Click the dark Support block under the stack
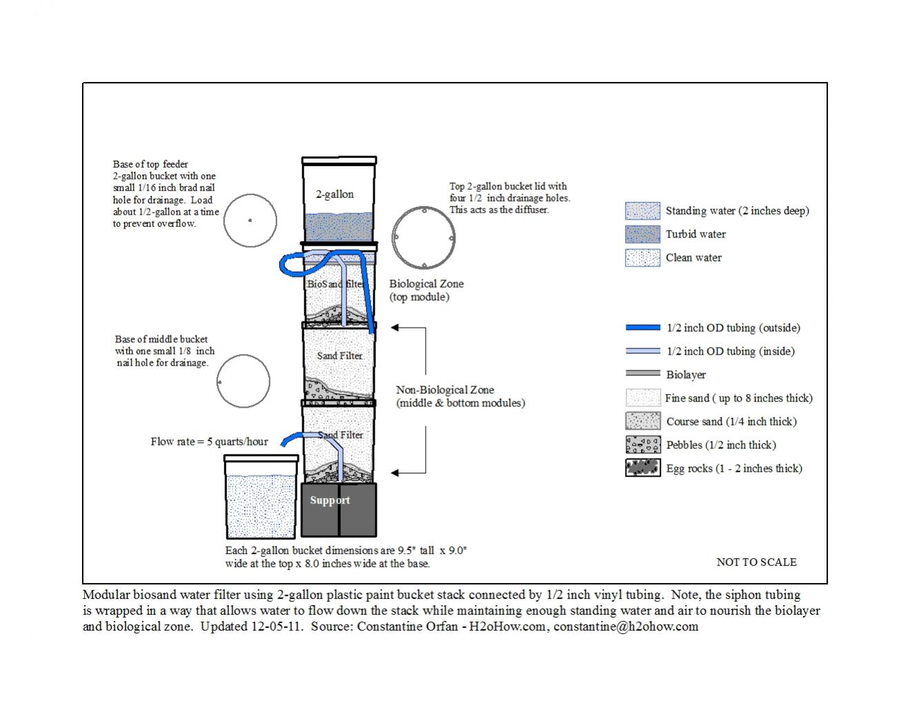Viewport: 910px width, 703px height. (x=339, y=509)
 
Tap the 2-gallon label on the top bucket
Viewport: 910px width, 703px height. (x=335, y=195)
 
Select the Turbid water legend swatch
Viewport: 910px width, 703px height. (x=642, y=234)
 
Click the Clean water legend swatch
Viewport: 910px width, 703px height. (x=642, y=257)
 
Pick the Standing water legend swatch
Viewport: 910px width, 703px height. (x=642, y=210)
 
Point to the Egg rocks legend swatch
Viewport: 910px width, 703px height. (x=642, y=468)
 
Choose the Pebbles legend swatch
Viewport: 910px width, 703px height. (x=642, y=444)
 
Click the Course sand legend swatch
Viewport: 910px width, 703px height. (x=642, y=421)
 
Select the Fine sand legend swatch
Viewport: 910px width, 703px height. (x=642, y=397)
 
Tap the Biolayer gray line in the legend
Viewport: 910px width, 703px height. (x=642, y=374)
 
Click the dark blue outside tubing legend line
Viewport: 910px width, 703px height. (x=642, y=328)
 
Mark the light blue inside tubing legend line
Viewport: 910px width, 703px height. (x=642, y=351)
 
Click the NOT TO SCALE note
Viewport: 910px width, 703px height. (x=756, y=562)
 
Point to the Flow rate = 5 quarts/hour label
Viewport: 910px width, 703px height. (x=209, y=442)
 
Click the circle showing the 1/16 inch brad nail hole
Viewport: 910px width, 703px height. (x=250, y=221)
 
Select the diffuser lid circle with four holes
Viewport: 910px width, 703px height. (x=423, y=237)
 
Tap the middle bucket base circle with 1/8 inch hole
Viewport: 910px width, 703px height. (x=243, y=382)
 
